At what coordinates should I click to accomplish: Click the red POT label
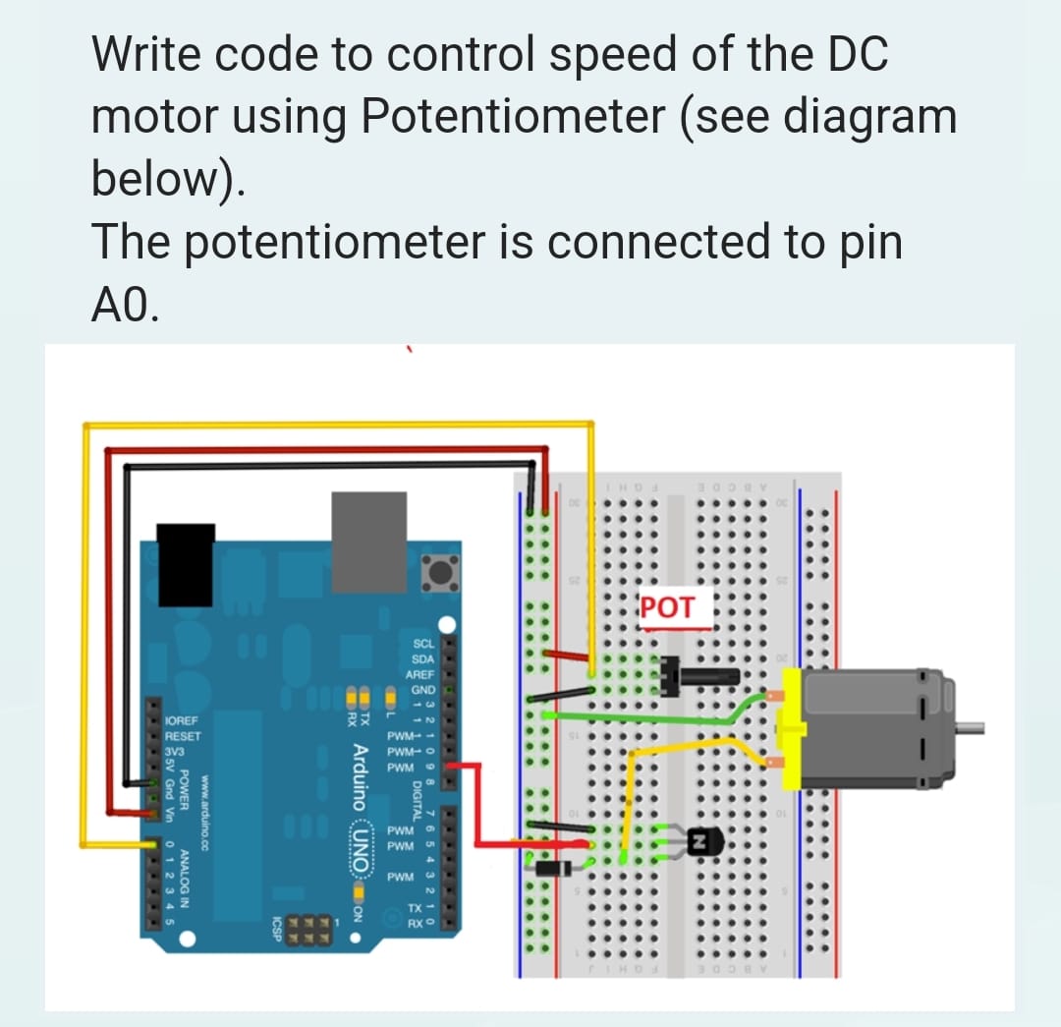pos(667,606)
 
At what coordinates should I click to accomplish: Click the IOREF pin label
pos(184,720)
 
